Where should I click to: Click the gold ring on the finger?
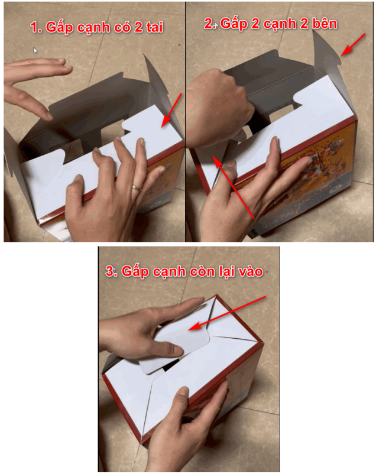pos(137,188)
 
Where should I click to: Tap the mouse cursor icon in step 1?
pos(35,51)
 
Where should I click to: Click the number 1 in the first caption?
pos(35,27)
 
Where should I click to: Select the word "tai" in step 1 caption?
pos(154,27)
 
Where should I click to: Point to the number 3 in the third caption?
pos(111,271)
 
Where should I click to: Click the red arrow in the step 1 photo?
pos(171,110)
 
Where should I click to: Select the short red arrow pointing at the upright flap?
pos(353,45)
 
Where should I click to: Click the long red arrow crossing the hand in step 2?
pos(233,186)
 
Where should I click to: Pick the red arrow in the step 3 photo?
pos(226,313)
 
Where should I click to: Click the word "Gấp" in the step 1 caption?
pos(60,28)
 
